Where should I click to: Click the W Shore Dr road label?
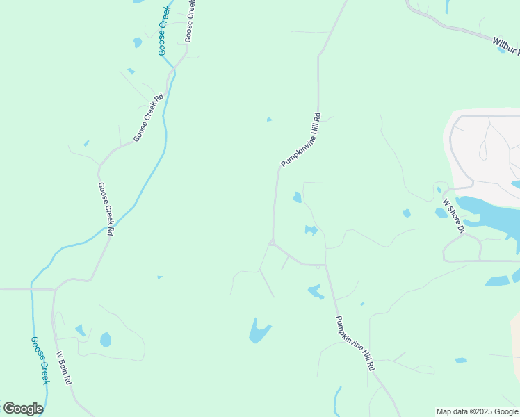[x=454, y=216]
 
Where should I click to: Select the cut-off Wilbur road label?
[x=506, y=44]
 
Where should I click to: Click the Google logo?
[x=23, y=409]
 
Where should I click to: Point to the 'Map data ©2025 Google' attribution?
[x=477, y=411]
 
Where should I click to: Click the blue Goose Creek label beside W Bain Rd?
[x=40, y=361]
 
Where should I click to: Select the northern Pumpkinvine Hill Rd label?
[x=300, y=140]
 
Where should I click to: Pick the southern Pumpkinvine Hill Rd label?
[x=355, y=343]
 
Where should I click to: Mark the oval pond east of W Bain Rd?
[x=105, y=339]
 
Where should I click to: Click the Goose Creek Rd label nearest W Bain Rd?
[x=106, y=208]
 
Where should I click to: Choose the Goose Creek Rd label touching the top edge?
[x=190, y=21]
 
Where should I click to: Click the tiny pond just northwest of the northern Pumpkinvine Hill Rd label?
[x=269, y=120]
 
